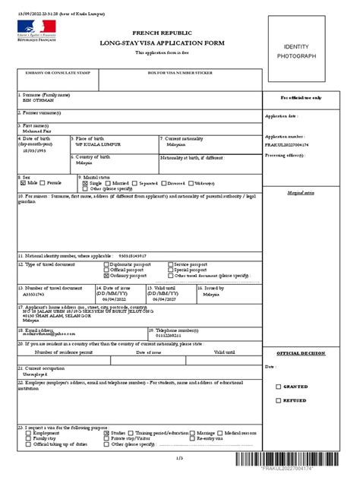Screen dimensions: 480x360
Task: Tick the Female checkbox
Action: click(44, 183)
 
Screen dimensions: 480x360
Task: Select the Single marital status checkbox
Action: click(84, 183)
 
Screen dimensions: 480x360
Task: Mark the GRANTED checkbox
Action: click(278, 387)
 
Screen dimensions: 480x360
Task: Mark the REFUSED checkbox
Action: click(278, 400)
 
